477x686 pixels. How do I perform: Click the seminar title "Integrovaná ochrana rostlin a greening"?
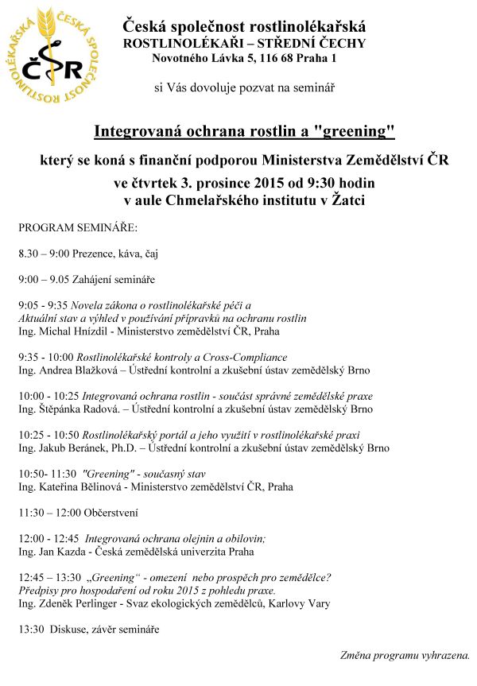pyautogui.click(x=245, y=129)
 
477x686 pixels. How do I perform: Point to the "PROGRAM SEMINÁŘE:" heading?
pyautogui.click(x=78, y=227)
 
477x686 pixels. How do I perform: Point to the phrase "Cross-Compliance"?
pyautogui.click(x=248, y=358)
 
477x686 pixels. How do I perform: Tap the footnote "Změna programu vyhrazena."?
pyautogui.click(x=403, y=656)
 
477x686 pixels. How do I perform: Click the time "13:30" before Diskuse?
pyautogui.click(x=31, y=630)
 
